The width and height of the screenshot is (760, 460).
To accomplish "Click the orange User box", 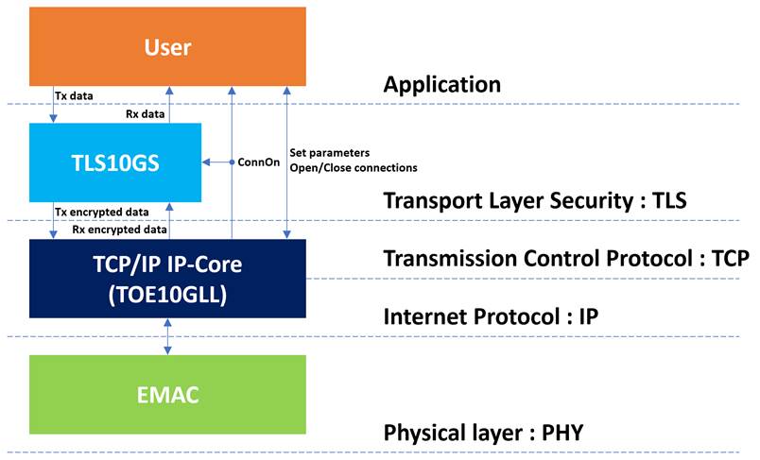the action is pos(167,46).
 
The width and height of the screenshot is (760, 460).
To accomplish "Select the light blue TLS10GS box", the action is pos(115,162).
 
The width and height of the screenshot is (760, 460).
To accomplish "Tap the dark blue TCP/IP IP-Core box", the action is pos(167,279).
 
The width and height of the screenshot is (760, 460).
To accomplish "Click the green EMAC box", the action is pos(167,395).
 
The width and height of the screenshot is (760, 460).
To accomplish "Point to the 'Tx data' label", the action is pos(74,96).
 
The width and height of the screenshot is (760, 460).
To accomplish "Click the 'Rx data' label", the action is pos(145,114).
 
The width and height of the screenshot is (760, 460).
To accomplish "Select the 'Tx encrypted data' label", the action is pos(102,213).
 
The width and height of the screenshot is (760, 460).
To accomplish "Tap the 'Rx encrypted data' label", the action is pos(119,230).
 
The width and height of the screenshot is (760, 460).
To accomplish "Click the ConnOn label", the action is pos(258,162).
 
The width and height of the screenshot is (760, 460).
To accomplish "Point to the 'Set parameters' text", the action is pos(330,153).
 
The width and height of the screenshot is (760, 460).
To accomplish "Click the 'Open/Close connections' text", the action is pos(354,168).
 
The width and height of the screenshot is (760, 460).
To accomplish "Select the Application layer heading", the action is pos(442,85).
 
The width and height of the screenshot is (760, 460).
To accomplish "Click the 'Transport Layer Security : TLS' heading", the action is pos(535,200).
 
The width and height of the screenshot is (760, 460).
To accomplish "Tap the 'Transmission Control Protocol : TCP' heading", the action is pos(566,259).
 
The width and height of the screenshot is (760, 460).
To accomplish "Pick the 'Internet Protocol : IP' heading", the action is pos(491,316).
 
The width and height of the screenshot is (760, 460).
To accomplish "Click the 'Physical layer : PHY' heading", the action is pos(483,433).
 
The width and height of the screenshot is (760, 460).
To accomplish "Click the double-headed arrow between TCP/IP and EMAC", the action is pos(167,336).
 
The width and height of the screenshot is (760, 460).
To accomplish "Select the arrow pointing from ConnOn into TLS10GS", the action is pos(216,162).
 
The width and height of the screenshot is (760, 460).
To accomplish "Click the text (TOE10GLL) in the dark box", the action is pos(167,295).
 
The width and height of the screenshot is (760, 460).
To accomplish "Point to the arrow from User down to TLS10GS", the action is pos(53,105).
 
